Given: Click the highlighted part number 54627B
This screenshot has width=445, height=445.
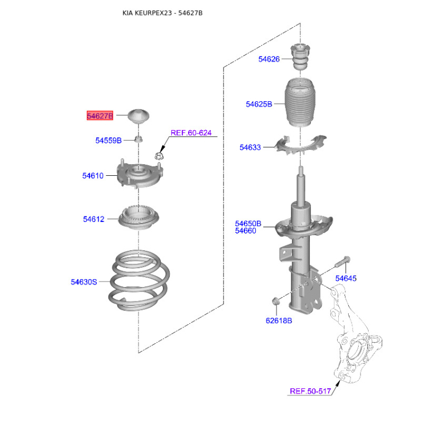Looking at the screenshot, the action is pyautogui.click(x=100, y=116).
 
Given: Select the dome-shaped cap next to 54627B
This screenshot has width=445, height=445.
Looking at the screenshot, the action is pyautogui.click(x=139, y=116).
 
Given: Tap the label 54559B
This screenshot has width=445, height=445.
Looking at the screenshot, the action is pyautogui.click(x=108, y=141).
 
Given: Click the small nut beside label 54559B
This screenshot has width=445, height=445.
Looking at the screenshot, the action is pyautogui.click(x=139, y=139).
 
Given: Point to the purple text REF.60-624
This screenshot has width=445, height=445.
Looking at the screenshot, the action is pyautogui.click(x=191, y=133).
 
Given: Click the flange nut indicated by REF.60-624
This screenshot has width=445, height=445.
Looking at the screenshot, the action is pyautogui.click(x=159, y=155).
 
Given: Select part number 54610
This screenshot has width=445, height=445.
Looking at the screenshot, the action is pyautogui.click(x=93, y=176).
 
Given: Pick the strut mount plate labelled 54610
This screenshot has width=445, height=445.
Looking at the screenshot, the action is pyautogui.click(x=140, y=174).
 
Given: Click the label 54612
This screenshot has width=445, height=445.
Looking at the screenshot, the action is pyautogui.click(x=93, y=219).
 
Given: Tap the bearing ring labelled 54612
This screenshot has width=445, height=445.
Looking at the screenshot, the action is pyautogui.click(x=139, y=217).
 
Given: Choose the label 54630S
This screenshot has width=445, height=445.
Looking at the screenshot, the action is pyautogui.click(x=84, y=282).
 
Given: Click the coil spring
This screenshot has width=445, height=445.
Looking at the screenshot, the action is pyautogui.click(x=139, y=280).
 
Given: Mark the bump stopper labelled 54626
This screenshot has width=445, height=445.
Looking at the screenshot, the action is pyautogui.click(x=300, y=57).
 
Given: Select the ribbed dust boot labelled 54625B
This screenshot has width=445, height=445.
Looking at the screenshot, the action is pyautogui.click(x=300, y=103).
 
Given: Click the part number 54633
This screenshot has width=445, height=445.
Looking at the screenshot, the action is pyautogui.click(x=250, y=147).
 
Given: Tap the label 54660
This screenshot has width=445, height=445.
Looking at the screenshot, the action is pyautogui.click(x=245, y=231).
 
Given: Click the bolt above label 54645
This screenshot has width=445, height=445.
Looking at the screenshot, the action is pyautogui.click(x=342, y=262).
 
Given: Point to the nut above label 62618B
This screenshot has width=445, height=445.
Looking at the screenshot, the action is pyautogui.click(x=276, y=301).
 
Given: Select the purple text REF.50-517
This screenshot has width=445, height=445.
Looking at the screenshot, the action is pyautogui.click(x=310, y=391).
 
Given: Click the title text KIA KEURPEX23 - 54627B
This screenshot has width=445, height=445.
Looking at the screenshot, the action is pyautogui.click(x=162, y=13).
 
